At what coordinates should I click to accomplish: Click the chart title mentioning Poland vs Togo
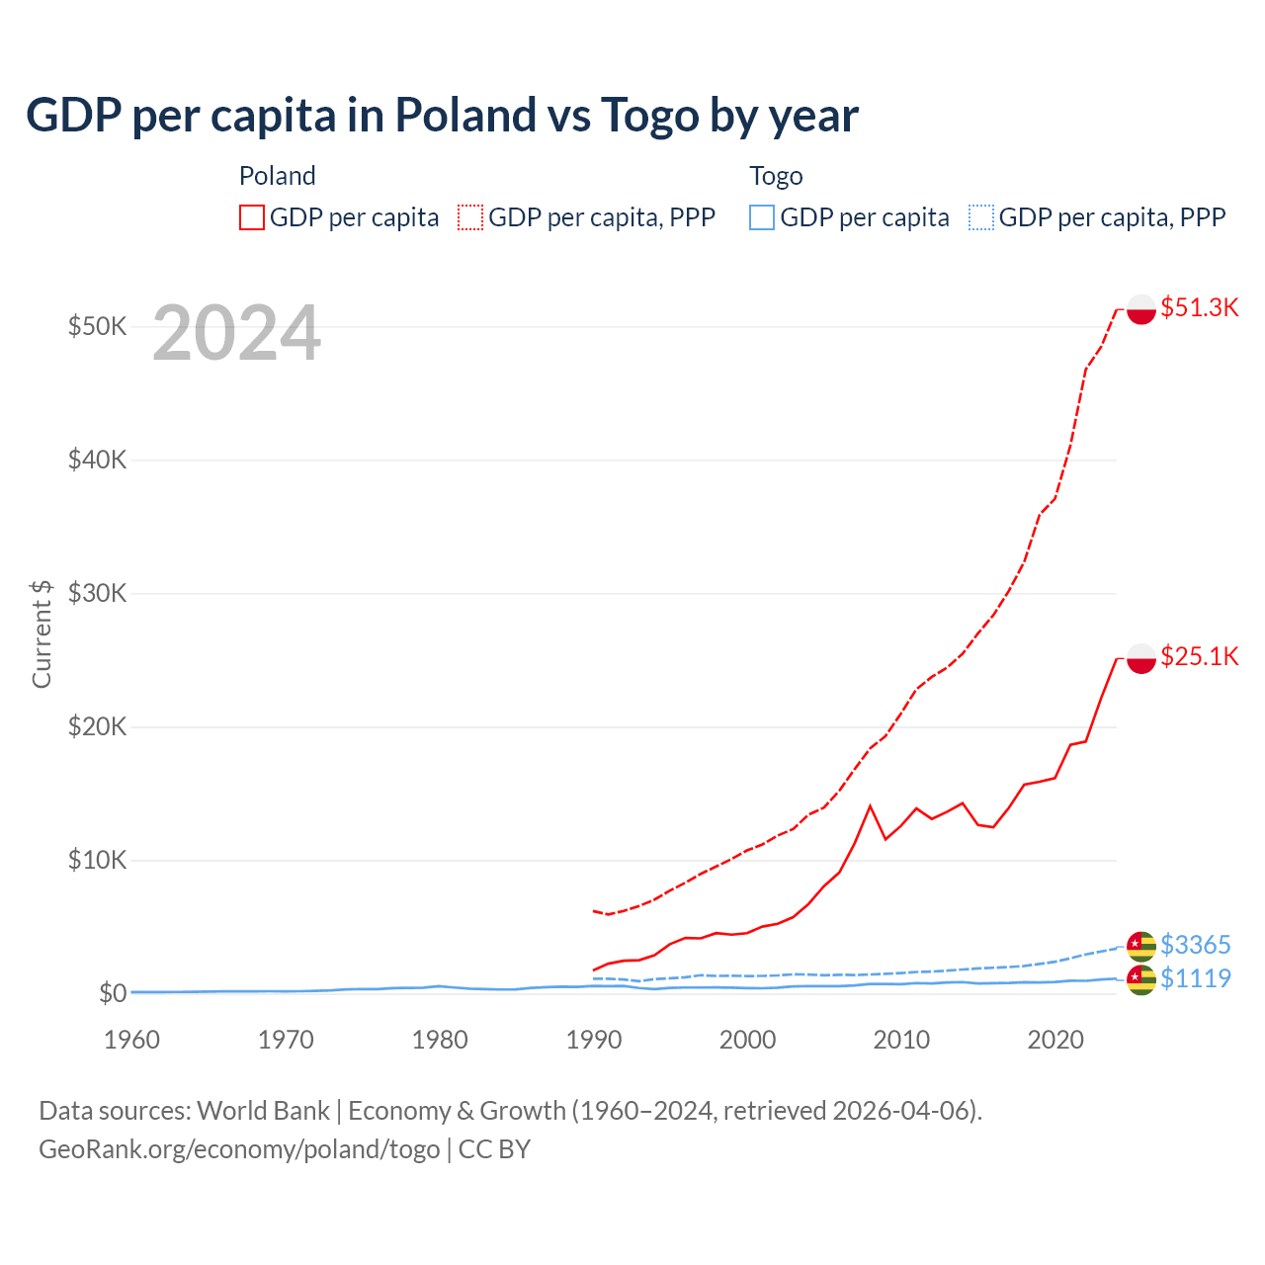(442, 116)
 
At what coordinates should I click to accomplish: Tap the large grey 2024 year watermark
(236, 334)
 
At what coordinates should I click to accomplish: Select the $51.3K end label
(1199, 307)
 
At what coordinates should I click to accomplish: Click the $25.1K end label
(1199, 656)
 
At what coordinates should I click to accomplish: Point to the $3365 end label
(1195, 945)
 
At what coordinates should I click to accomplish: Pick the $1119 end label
(1195, 978)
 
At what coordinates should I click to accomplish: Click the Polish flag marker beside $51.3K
(1141, 308)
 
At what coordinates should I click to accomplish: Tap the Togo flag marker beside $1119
(1141, 979)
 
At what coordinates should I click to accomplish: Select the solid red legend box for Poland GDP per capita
(252, 217)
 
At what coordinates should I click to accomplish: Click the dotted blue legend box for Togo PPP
(981, 217)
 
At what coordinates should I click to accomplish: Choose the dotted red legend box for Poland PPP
(470, 217)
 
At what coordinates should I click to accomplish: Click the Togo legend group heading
(776, 176)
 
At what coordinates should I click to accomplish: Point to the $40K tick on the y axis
(97, 460)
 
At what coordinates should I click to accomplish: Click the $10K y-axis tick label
(97, 860)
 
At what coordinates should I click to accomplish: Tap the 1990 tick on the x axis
(594, 1040)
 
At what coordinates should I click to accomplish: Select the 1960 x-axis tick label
(132, 1040)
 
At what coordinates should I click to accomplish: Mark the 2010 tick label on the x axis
(901, 1040)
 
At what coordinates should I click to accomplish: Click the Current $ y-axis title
(42, 633)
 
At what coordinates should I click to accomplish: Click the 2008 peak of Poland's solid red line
(870, 806)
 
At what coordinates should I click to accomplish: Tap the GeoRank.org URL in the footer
(239, 1149)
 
